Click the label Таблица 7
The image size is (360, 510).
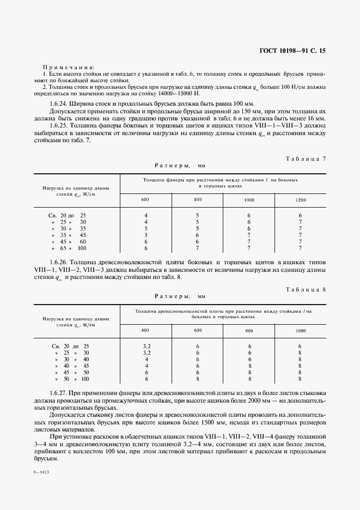(x=305, y=159)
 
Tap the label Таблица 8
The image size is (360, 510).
(x=305, y=289)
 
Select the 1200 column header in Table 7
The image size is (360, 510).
(x=300, y=200)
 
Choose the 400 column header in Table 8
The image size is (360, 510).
(x=145, y=331)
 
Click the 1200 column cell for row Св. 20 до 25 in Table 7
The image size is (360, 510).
(x=300, y=215)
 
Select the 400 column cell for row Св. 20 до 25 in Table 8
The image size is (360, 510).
(x=146, y=346)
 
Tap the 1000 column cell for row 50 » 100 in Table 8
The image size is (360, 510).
(x=300, y=379)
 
